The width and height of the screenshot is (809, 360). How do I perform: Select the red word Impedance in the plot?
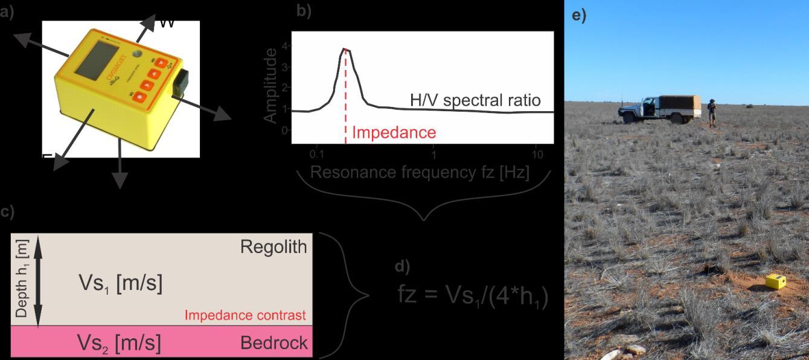394,132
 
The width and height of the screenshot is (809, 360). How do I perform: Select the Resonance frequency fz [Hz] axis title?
420,173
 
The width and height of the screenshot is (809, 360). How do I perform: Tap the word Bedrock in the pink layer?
274,343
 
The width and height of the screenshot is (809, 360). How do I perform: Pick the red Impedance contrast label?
245,315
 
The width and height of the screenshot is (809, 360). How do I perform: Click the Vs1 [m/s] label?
121,283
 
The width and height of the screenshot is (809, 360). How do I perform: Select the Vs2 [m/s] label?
119,343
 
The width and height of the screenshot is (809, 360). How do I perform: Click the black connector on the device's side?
181,83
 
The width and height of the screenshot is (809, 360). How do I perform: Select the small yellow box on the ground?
775,281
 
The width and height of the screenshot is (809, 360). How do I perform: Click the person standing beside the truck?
712,113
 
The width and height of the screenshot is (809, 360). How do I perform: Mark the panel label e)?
578,16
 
